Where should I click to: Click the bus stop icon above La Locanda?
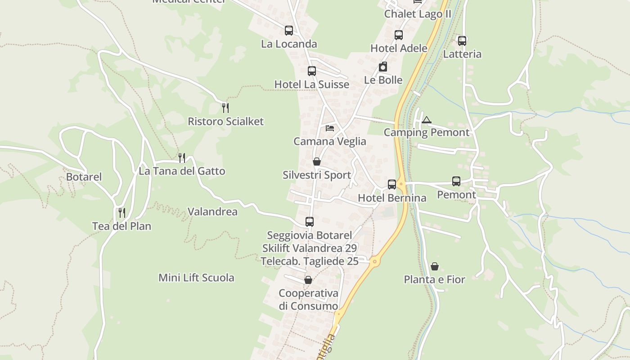(x=289, y=31)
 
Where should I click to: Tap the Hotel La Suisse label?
(x=311, y=85)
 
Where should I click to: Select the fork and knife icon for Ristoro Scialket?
(x=225, y=108)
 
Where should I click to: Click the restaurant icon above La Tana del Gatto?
(x=182, y=157)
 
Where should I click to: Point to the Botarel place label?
(x=84, y=177)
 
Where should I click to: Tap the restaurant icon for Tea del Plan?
(x=121, y=212)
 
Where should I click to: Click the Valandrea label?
(x=212, y=211)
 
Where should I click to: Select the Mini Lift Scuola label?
(x=196, y=278)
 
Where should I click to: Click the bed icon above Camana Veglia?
(x=330, y=128)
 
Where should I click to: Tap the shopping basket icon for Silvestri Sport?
(x=317, y=162)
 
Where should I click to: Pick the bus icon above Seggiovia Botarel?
(x=310, y=221)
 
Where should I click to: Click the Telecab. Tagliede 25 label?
(x=310, y=261)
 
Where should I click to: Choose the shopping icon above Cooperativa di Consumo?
(x=308, y=280)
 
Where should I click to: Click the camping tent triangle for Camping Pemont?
(x=427, y=120)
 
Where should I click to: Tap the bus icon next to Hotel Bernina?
(x=392, y=184)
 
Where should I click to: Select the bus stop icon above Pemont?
(x=456, y=181)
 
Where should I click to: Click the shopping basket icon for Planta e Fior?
(x=435, y=266)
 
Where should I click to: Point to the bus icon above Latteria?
(x=462, y=40)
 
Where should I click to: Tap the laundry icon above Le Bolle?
(x=383, y=67)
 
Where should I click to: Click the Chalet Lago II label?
(x=418, y=14)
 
